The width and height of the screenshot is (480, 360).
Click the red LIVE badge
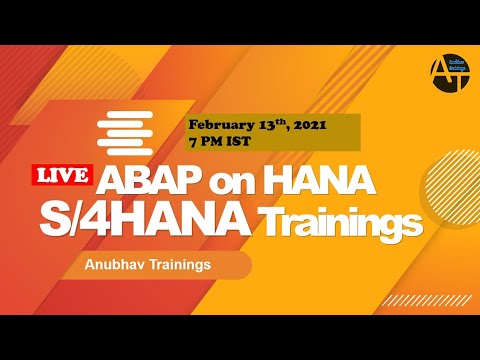tap(63, 175)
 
